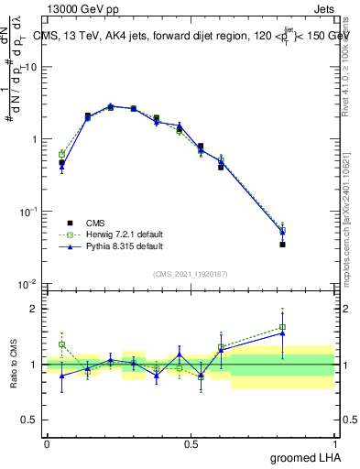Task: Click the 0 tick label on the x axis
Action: pos(47,443)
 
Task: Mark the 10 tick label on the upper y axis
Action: pos(31,67)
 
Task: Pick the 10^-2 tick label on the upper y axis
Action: pos(27,284)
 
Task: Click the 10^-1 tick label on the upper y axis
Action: pos(27,212)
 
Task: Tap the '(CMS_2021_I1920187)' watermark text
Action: pos(191,273)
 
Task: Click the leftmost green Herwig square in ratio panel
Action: pos(61,344)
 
